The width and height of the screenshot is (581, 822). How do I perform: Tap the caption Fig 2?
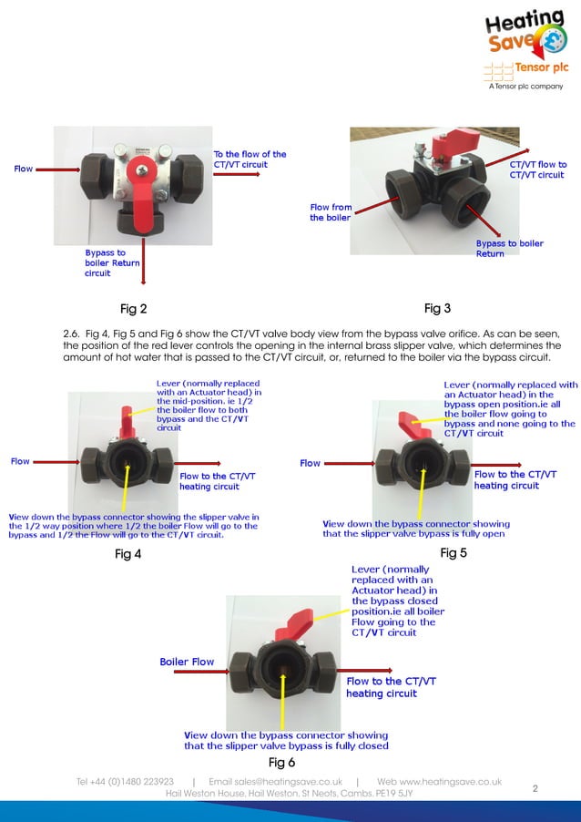click(x=134, y=309)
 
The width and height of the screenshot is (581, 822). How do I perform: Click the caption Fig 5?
click(x=453, y=553)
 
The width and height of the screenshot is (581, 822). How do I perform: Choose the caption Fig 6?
click(x=281, y=762)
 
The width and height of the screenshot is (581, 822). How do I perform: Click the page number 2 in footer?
click(x=535, y=789)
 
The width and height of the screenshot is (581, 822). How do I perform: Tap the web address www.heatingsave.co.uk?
click(x=439, y=782)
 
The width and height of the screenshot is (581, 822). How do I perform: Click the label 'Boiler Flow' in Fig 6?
click(x=187, y=662)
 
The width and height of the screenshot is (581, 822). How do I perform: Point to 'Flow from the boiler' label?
click(x=330, y=212)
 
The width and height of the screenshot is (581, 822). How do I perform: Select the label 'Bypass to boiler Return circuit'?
click(x=112, y=262)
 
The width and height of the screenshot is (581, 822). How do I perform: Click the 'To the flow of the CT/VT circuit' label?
click(x=250, y=159)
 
